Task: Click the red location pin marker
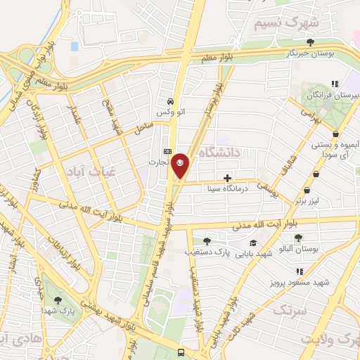click(x=181, y=165)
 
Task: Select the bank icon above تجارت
click(x=167, y=151)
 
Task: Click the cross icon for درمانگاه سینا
click(x=226, y=179)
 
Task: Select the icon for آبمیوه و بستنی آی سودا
click(x=336, y=134)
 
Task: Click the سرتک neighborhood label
click(x=290, y=309)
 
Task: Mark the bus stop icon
click(x=181, y=352)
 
